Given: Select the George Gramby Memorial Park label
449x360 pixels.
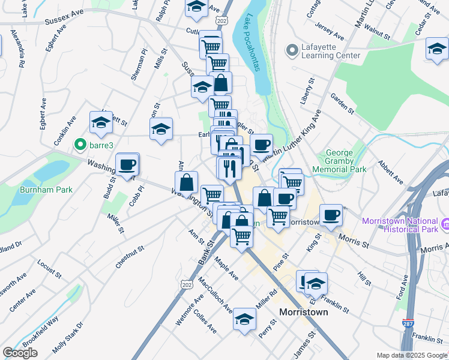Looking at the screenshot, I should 345,161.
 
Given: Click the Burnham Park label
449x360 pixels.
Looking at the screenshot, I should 54,190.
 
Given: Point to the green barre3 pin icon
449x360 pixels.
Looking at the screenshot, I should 78,145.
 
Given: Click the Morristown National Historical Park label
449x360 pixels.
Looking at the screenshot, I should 399,225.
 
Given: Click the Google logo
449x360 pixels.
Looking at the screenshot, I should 20,353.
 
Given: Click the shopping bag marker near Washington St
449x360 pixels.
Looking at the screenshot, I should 187,181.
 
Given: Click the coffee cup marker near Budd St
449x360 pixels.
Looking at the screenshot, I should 127,165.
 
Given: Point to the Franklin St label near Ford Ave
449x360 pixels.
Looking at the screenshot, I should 427,339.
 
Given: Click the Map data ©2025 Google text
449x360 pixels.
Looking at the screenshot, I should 412,355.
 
